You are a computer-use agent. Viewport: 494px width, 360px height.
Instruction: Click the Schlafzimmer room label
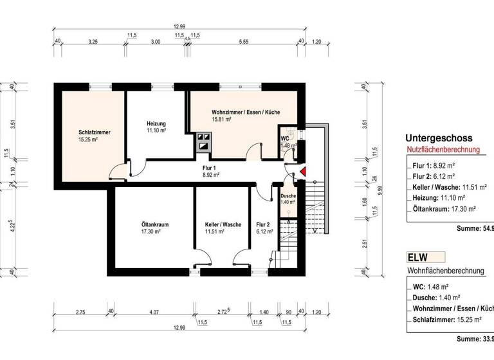tap(95, 132)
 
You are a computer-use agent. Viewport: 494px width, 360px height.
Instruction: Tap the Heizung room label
tap(156, 123)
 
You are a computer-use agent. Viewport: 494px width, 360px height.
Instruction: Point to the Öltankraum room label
tap(154, 224)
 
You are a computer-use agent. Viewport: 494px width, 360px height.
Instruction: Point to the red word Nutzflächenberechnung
tap(443, 150)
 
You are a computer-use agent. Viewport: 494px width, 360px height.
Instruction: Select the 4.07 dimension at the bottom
tap(154, 312)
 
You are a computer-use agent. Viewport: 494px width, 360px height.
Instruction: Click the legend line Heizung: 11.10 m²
tap(441, 197)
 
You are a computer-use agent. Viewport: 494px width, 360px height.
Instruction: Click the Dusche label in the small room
tap(288, 196)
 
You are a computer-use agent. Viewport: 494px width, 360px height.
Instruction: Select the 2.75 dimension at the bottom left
tap(81, 312)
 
